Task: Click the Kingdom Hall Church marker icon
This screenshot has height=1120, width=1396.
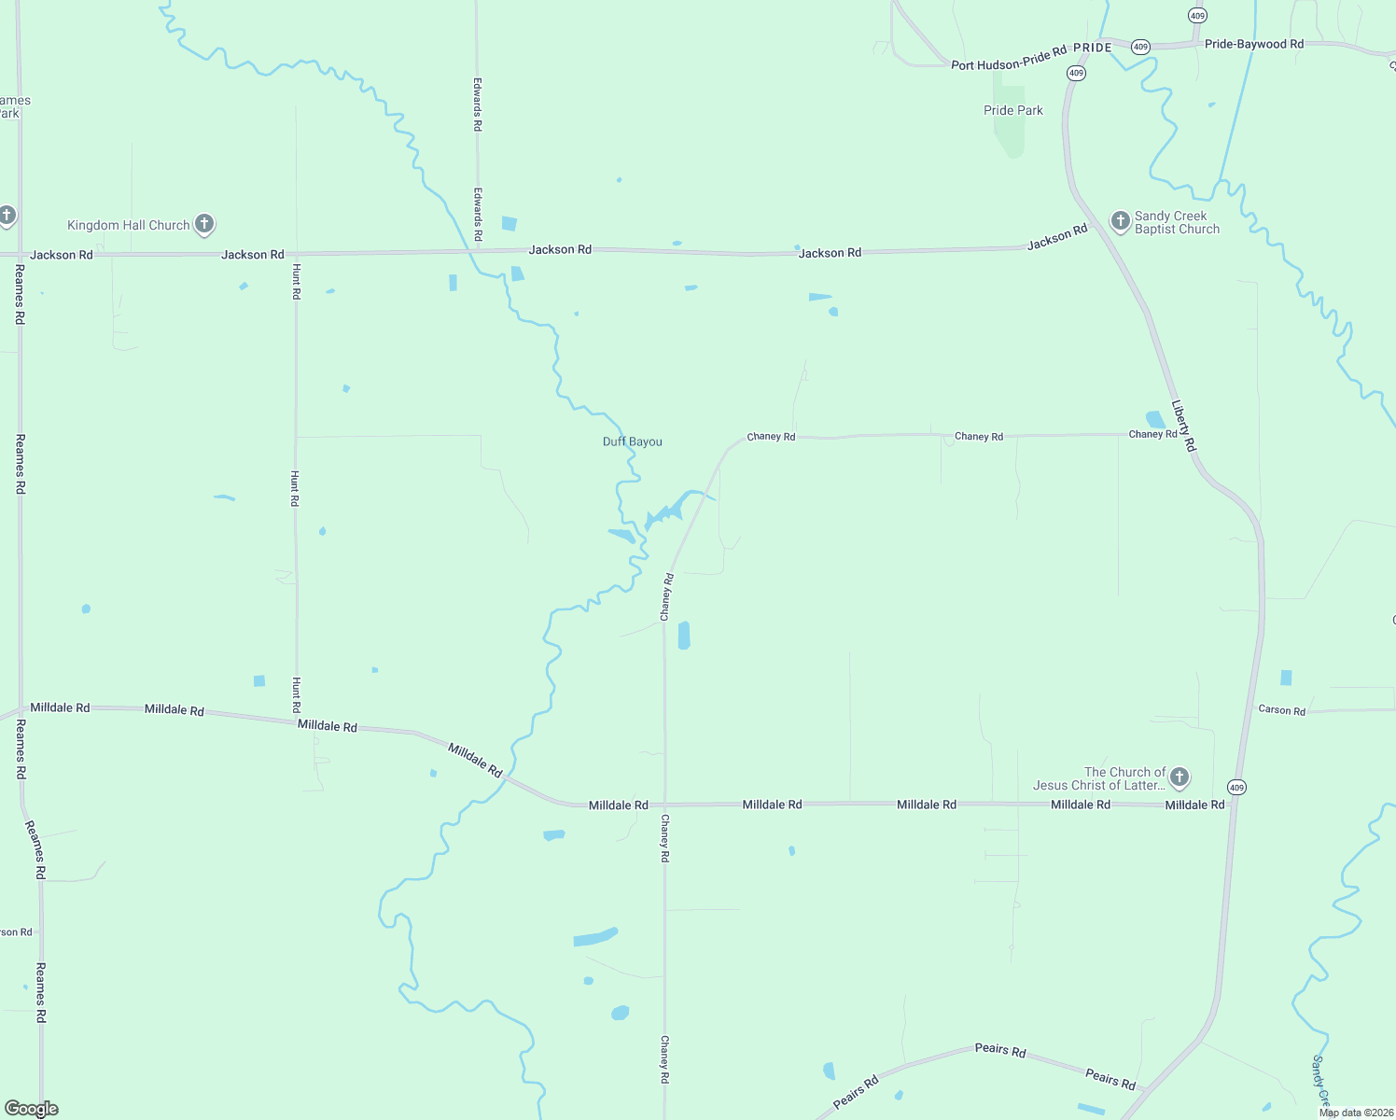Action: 204,224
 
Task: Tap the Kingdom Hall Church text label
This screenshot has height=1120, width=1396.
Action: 129,225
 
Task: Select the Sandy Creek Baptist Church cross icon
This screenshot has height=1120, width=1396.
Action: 1120,220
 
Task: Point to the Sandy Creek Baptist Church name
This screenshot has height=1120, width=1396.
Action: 1177,222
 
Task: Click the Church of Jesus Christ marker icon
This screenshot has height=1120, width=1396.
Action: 1180,777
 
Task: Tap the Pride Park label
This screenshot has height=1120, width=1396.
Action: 1013,110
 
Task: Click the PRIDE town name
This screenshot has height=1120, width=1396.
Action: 1093,48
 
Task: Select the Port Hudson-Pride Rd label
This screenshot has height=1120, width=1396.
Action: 1008,60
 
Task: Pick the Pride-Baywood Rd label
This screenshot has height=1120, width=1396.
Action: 1254,44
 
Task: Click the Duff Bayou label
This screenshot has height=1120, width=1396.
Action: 633,441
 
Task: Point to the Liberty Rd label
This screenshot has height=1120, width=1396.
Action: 1183,427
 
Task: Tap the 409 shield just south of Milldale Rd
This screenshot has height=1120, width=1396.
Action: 1236,788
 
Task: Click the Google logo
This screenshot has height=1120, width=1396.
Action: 31,1109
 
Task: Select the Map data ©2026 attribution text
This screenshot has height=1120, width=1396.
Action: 1355,1113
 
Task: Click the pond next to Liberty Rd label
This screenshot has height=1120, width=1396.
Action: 1154,420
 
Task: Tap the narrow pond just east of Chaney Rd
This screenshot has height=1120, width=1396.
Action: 684,635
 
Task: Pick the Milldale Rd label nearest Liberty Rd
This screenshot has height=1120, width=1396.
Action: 1194,805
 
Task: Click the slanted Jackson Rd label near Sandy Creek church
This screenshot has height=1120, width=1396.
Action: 1057,238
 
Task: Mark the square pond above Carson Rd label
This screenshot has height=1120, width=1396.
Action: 1287,678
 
